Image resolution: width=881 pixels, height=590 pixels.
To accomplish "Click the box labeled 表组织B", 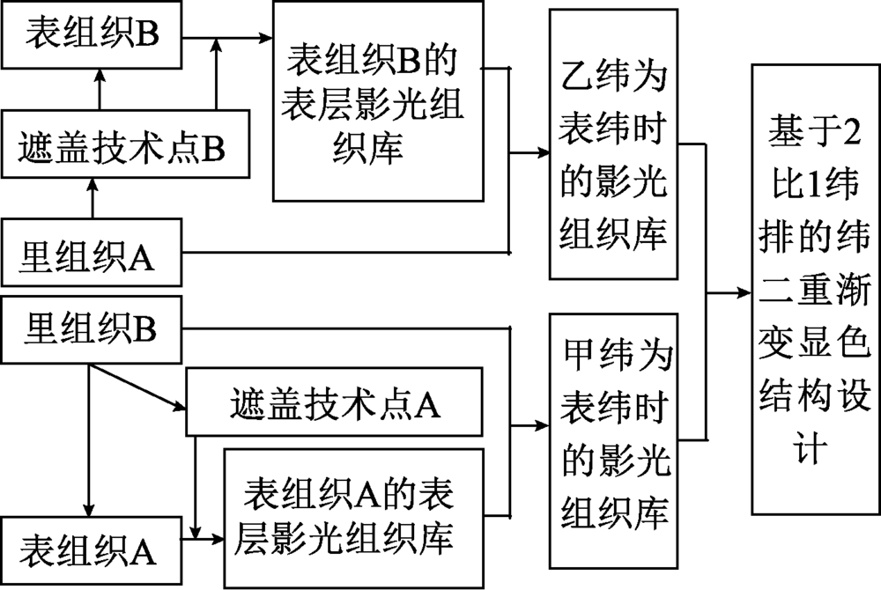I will [x=92, y=36].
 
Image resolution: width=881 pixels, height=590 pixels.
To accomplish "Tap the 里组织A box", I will [x=92, y=253].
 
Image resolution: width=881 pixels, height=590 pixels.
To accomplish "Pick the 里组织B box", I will [x=92, y=330].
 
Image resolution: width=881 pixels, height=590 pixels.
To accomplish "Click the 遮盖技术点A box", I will [x=335, y=404].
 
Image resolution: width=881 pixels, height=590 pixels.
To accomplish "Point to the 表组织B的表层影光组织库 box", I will [x=378, y=104].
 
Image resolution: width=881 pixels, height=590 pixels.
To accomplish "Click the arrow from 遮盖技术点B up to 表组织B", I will [x=99, y=88].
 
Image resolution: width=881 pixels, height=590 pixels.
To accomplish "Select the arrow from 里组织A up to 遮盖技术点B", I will [x=92, y=198].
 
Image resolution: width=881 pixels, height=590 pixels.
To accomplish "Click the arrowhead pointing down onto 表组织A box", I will [x=88, y=511].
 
